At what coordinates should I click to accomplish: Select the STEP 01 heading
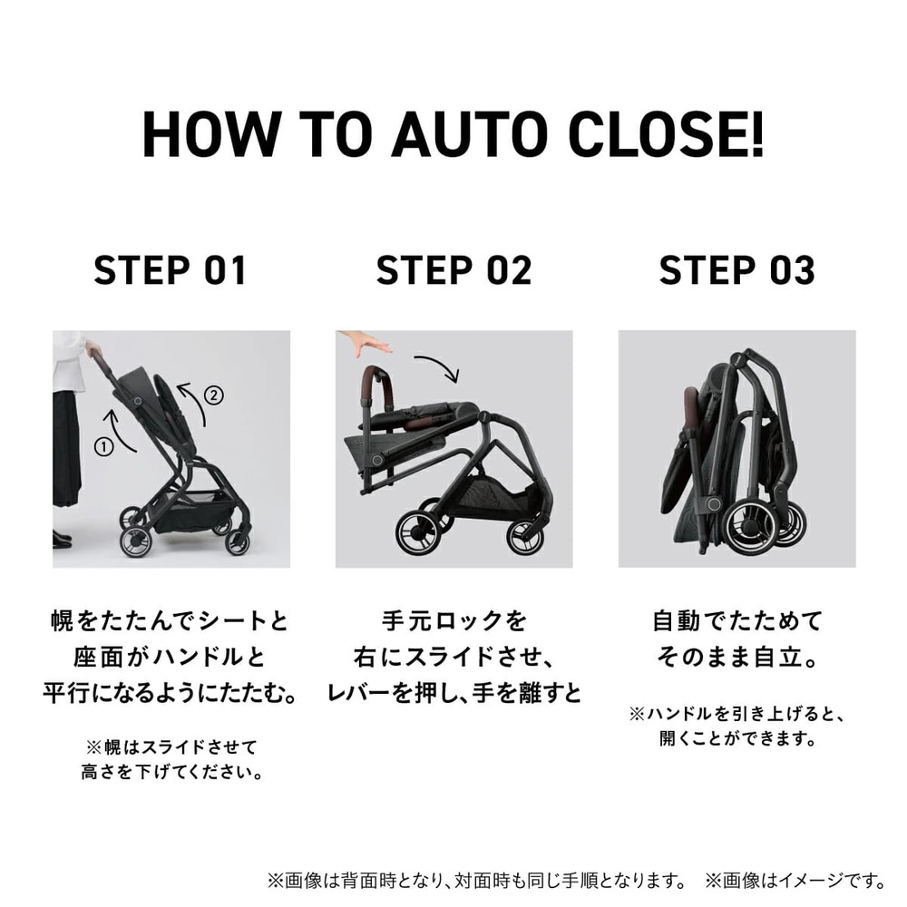[171, 271]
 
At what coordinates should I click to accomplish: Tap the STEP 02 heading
[453, 271]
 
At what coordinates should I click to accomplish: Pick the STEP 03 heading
[736, 271]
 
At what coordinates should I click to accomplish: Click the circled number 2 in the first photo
[212, 395]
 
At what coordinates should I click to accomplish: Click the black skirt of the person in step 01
[67, 449]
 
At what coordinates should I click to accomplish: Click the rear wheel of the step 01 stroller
[133, 541]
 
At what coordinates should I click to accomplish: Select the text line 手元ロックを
[453, 622]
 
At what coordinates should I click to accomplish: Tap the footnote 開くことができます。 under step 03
[736, 739]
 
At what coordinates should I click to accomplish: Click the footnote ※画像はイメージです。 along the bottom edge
[795, 880]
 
